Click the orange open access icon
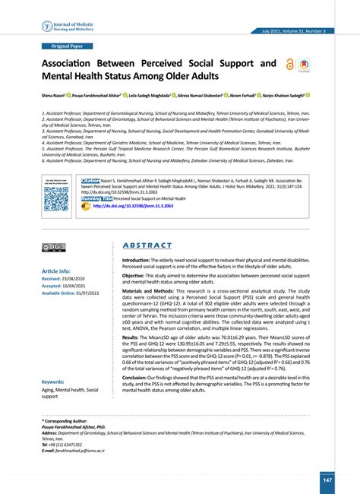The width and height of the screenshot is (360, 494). click(x=290, y=66)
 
